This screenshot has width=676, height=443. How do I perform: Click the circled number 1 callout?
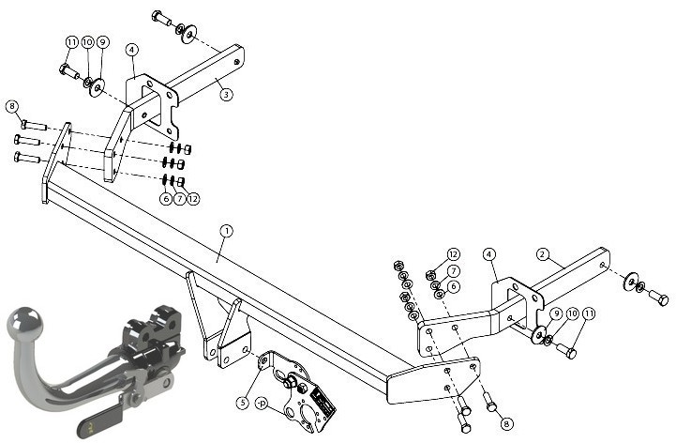pos(226,231)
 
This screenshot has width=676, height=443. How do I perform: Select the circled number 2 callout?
pos(543,254)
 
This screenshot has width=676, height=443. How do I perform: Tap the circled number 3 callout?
pos(226,94)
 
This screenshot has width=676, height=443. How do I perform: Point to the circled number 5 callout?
pos(243,403)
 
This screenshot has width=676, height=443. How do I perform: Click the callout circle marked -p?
pos(262,404)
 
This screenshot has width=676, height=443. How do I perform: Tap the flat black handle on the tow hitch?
pos(100,421)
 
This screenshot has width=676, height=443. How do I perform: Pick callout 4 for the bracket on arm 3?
pos(132,50)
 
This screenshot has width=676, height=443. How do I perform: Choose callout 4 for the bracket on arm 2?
pos(488,254)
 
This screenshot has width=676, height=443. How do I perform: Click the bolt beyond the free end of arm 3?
pos(162,18)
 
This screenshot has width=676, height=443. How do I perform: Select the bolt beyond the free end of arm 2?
pos(658,298)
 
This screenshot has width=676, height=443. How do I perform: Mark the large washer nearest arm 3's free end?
pos(188,34)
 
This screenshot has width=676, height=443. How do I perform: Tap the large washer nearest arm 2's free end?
pos(631,282)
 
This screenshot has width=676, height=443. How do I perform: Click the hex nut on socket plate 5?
pos(291,382)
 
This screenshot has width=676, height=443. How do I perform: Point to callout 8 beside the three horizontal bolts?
pos(12,106)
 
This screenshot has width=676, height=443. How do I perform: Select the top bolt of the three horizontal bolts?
pos(34,125)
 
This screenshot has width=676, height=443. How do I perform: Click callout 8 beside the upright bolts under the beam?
pos(507,423)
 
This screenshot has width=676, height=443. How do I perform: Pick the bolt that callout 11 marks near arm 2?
pos(566,351)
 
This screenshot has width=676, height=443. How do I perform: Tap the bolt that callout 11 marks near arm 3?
pos(69,71)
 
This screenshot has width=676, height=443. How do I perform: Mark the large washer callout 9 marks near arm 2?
pos(538,335)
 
